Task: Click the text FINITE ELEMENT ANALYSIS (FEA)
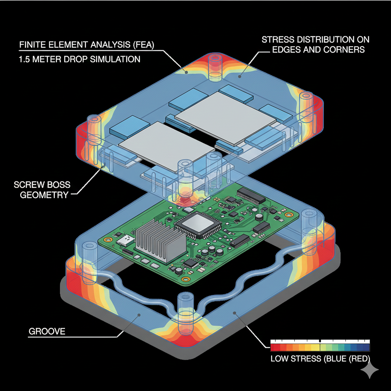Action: [x=86, y=45]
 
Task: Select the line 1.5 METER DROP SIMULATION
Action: [x=79, y=60]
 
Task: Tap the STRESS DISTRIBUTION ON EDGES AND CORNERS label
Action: [x=315, y=44]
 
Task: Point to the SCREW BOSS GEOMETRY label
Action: [x=42, y=190]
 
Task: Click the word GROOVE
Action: [x=47, y=331]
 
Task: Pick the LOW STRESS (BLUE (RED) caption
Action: [x=320, y=359]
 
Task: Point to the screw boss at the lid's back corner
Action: [x=216, y=67]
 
